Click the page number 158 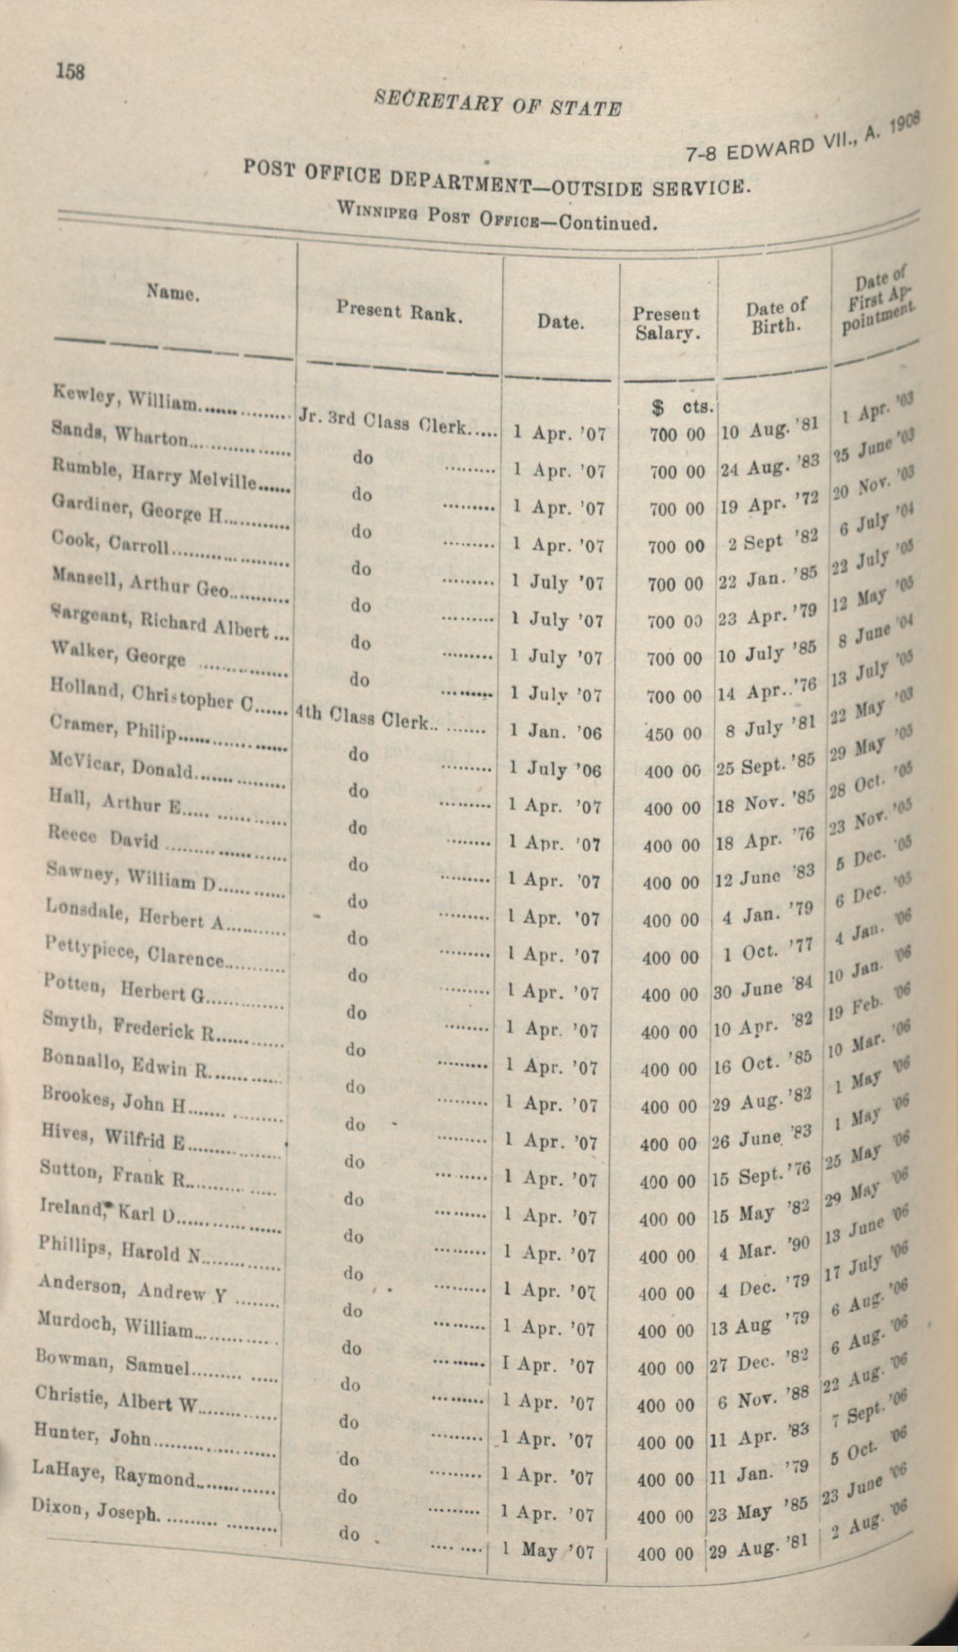coord(71,70)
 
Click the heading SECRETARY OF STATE coord(498,103)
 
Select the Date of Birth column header coord(776,317)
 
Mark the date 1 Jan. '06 coord(556,731)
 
